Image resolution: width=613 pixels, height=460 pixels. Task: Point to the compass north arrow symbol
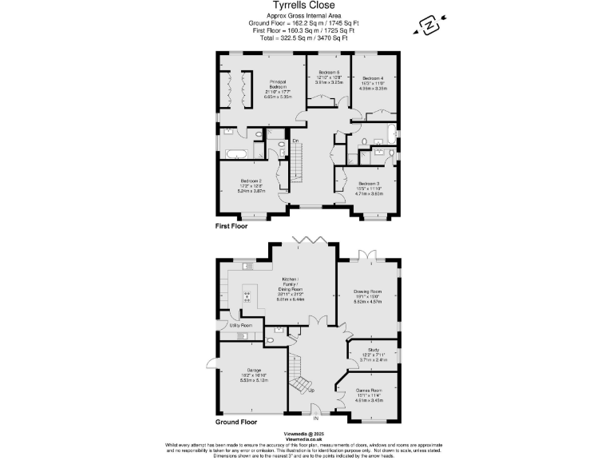(428, 26)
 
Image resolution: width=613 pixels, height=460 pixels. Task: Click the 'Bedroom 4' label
(374, 78)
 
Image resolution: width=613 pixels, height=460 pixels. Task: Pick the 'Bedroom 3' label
(369, 183)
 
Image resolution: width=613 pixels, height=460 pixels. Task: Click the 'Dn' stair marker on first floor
(295, 141)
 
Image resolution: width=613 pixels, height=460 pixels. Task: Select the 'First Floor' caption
(231, 227)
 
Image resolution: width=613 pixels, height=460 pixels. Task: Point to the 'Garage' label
(255, 370)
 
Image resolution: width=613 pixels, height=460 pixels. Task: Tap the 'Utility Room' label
(240, 326)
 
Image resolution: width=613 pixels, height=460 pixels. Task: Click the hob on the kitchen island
(247, 296)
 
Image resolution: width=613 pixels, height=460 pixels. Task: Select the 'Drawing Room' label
(368, 292)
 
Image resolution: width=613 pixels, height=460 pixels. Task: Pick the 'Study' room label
(373, 350)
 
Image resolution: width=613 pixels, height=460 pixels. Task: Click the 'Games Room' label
(369, 391)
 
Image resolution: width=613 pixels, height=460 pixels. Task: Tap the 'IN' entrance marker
(315, 418)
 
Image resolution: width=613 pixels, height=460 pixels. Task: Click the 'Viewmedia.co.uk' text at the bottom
(307, 439)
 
